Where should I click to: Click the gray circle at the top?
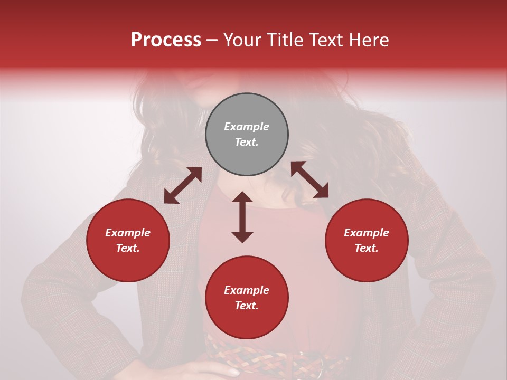tap(247, 135)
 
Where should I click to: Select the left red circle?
tap(128, 241)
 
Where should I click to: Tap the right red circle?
tap(367, 241)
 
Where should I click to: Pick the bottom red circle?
tap(247, 298)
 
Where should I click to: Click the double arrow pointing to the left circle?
tap(183, 185)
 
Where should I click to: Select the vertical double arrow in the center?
tap(242, 217)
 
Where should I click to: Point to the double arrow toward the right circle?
tap(309, 179)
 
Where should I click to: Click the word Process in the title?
tap(166, 40)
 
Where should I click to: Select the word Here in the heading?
tap(369, 40)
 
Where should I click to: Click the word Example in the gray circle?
tap(247, 127)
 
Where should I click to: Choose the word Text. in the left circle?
tap(128, 248)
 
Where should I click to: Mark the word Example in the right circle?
tap(367, 233)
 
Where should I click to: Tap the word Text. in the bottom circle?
tap(247, 306)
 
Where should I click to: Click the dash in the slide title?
tap(212, 40)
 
